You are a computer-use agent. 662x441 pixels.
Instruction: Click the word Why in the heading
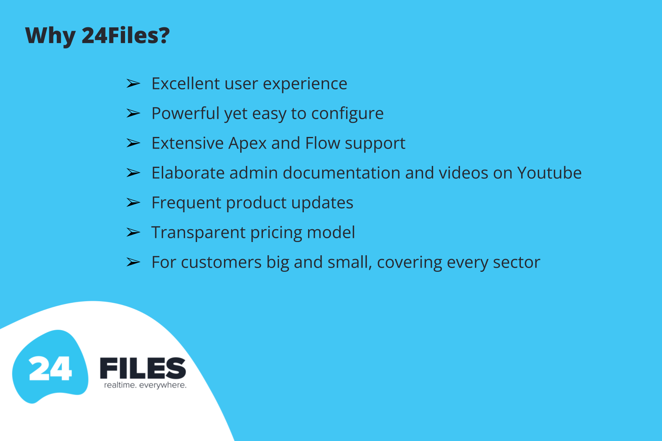50,36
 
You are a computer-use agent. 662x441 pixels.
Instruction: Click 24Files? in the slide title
125,35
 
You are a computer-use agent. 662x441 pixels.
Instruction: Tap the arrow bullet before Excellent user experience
133,84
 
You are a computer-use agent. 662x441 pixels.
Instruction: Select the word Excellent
185,83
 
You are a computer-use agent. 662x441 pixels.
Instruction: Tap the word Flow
323,143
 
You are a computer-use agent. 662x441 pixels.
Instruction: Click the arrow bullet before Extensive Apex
133,143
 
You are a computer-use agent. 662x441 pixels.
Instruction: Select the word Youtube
549,173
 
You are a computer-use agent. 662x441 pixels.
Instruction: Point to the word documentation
341,173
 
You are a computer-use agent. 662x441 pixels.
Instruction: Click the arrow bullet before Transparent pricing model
133,232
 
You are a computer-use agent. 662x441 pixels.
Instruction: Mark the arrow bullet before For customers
133,262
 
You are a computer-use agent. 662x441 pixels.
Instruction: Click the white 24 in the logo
50,368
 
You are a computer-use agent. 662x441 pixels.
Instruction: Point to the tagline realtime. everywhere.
145,385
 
